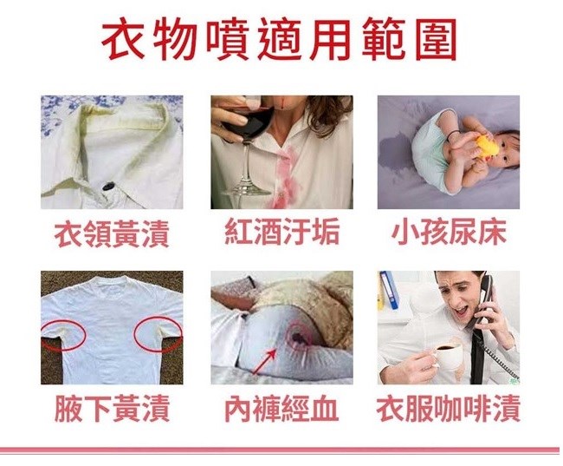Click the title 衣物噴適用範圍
(279, 39)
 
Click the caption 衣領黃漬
(112, 233)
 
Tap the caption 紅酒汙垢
(282, 232)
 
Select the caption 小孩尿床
(449, 232)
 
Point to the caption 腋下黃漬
(112, 409)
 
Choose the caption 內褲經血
(281, 409)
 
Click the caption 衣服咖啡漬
(449, 409)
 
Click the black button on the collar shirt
(108, 187)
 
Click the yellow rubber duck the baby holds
(487, 146)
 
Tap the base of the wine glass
(245, 190)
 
